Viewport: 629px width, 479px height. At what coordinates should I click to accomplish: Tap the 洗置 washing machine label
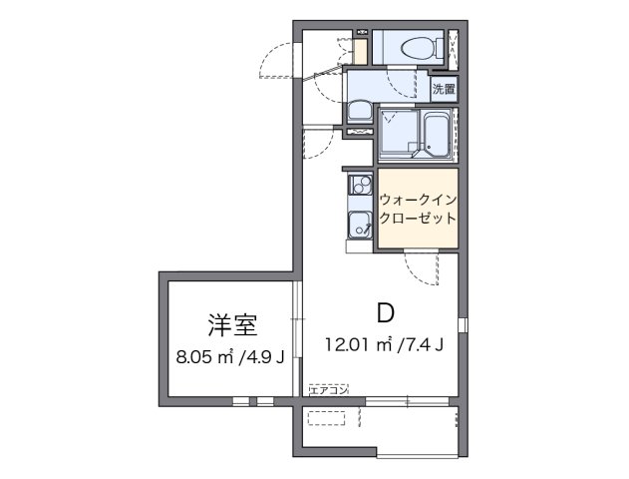coord(444,88)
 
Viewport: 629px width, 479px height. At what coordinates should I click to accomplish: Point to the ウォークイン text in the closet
coord(418,198)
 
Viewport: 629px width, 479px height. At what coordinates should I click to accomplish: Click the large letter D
coord(385,312)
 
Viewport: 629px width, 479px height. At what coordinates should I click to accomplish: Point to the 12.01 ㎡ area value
coord(356,345)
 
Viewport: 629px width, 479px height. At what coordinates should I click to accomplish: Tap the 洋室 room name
coord(233,324)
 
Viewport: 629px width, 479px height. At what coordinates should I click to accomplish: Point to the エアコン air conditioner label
coord(328,389)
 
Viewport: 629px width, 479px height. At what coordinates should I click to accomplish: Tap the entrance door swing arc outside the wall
coord(274,62)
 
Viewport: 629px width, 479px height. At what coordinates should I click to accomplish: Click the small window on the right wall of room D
coord(461,324)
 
